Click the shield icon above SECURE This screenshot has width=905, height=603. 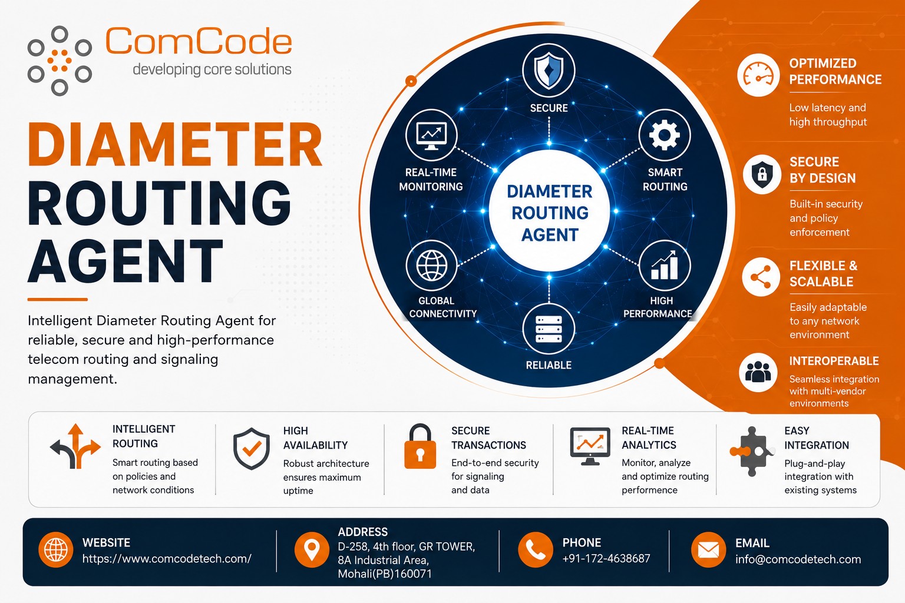[x=549, y=71]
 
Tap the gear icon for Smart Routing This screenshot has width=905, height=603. [x=664, y=135]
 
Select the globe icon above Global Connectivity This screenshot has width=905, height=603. [x=431, y=266]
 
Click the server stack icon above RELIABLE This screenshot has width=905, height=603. [x=549, y=329]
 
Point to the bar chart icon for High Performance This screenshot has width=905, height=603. [x=665, y=265]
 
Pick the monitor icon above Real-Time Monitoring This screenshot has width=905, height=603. [x=431, y=135]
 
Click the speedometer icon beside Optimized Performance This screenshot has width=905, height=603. [x=758, y=75]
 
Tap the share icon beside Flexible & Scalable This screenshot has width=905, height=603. [x=761, y=277]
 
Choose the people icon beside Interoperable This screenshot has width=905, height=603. [x=758, y=372]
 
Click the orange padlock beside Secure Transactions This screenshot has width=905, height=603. [x=420, y=446]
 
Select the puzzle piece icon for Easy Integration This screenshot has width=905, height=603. [x=751, y=451]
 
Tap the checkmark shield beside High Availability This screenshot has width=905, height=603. [x=252, y=448]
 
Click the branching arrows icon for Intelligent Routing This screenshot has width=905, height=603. [x=75, y=446]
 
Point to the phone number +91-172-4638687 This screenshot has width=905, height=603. [x=606, y=559]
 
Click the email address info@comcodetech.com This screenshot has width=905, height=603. [x=798, y=559]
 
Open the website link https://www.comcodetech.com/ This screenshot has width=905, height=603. [x=167, y=559]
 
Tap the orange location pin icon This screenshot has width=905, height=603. [x=312, y=549]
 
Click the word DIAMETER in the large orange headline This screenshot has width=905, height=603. [x=175, y=145]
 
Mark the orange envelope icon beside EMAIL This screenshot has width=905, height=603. [x=708, y=549]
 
